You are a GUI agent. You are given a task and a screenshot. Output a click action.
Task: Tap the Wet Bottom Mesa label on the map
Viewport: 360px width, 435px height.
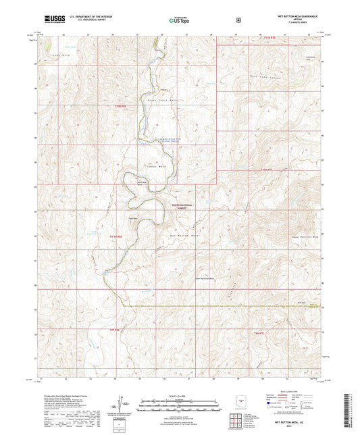[x=182, y=234]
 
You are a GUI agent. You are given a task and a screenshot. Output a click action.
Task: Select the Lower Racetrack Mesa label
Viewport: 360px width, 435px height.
[x=203, y=278]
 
